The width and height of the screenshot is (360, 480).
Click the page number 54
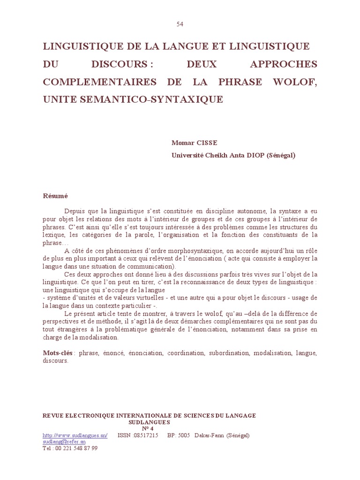(180, 24)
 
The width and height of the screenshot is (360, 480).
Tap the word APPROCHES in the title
(277, 64)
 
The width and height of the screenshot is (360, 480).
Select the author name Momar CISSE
(194, 143)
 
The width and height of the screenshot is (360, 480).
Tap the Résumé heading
(55, 196)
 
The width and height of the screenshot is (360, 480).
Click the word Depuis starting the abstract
(74, 211)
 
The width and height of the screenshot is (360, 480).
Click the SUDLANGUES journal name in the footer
(150, 422)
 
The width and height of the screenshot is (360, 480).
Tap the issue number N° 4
(148, 428)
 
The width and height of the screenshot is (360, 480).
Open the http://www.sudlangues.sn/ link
(75, 435)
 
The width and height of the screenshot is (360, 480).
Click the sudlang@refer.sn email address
(64, 442)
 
